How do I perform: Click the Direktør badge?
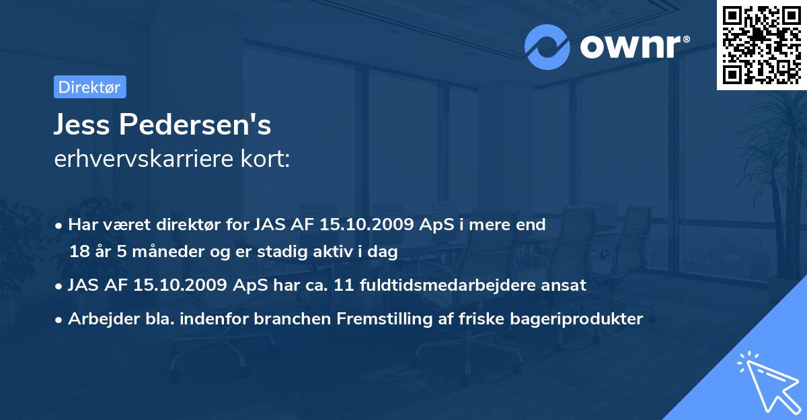[89, 87]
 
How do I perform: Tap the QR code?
[762, 44]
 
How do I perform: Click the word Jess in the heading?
[80, 125]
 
